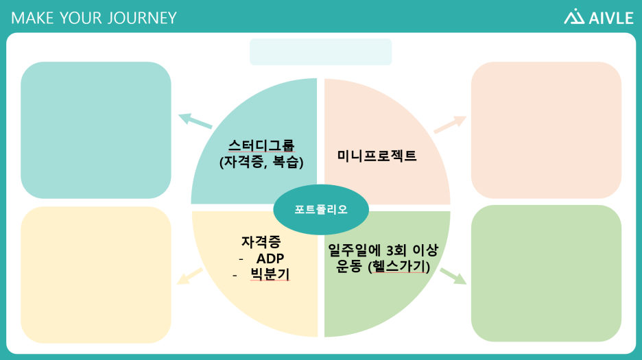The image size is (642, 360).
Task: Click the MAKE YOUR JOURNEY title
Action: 94,18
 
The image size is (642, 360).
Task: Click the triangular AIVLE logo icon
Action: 574,17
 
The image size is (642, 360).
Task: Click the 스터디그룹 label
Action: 261,145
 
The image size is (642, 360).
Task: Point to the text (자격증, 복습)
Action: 261,163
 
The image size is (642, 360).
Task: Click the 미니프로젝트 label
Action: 377,156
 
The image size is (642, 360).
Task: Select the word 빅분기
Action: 270,275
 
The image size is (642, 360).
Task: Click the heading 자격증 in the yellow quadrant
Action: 261,242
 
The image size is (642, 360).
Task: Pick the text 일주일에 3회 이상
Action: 383,250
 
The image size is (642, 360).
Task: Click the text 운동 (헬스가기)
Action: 383,267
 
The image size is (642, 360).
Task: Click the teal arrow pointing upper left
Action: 195,121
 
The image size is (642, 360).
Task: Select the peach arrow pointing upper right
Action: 450,124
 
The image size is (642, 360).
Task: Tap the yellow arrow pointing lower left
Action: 190,276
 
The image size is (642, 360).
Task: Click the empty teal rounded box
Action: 95,130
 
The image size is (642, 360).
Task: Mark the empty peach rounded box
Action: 546,130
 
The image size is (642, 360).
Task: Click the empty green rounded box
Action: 546,273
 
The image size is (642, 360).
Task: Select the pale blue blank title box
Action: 320,52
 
